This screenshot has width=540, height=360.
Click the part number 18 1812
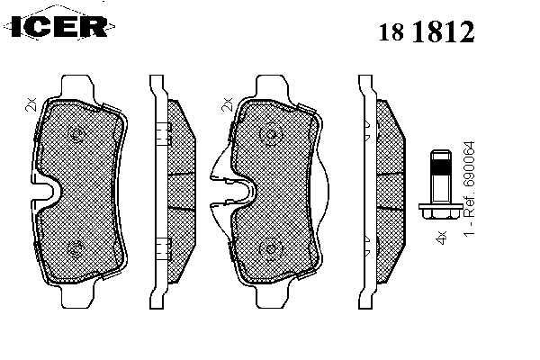(x=427, y=31)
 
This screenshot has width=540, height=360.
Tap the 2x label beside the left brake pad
(x=31, y=104)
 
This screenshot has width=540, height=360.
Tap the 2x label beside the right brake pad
(x=227, y=104)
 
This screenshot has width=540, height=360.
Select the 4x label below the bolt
(x=441, y=238)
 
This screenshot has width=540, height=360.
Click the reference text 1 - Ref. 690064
(x=469, y=188)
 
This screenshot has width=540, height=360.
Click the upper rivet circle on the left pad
(x=76, y=134)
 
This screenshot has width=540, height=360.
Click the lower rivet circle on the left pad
(x=76, y=249)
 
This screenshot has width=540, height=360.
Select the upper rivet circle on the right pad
(x=270, y=134)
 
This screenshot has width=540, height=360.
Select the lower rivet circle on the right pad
(x=270, y=249)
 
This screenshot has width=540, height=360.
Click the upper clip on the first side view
(x=164, y=134)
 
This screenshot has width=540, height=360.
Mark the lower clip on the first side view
(x=164, y=248)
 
